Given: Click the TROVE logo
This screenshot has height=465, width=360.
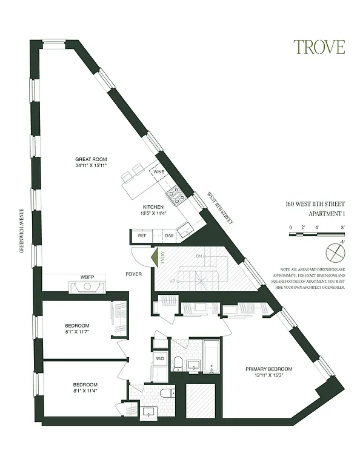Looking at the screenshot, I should coord(319,47).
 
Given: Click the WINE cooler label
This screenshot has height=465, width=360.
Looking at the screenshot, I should coord(159,173).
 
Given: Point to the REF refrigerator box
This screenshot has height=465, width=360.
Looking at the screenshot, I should coord(142,236).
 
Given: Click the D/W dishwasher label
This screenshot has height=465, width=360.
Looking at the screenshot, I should coord(169,236).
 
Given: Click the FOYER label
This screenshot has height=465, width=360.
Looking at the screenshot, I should coord(134,273).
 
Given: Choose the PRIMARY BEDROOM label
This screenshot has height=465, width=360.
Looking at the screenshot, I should coord(268,369).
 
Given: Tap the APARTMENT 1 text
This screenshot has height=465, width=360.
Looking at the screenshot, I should coord(318,214).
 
